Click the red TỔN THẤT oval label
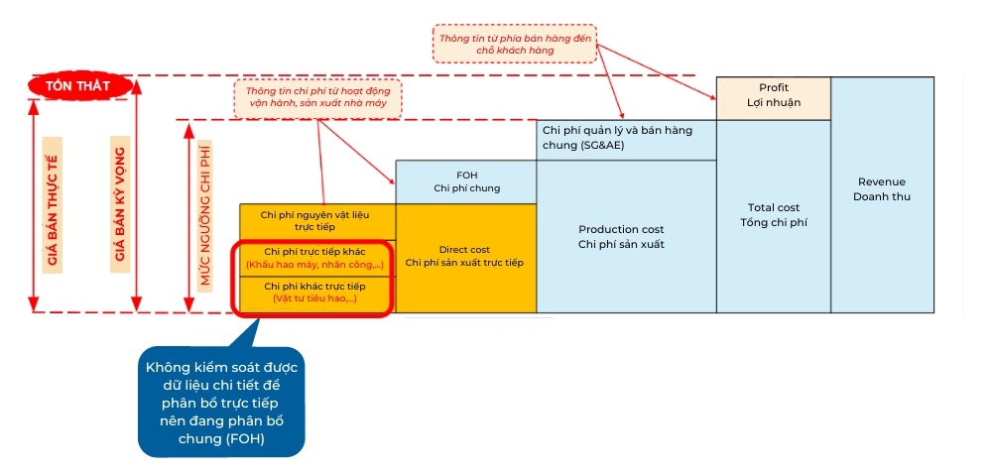coord(81,86)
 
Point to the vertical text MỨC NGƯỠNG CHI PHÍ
coord(205,214)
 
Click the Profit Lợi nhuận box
coord(773,96)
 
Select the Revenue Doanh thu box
coord(882,189)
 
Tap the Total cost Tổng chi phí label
coord(773,215)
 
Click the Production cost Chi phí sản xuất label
coord(625,236)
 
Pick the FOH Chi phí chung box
coord(465,180)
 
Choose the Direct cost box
coord(465,257)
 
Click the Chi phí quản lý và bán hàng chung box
coord(625,138)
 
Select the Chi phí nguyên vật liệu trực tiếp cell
coord(316,220)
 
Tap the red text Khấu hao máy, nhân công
coord(314,265)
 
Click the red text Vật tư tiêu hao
coord(314,298)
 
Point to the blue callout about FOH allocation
coord(220,402)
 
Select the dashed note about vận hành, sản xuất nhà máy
coord(318,96)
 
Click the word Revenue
coord(882,181)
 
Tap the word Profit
coord(773,88)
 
